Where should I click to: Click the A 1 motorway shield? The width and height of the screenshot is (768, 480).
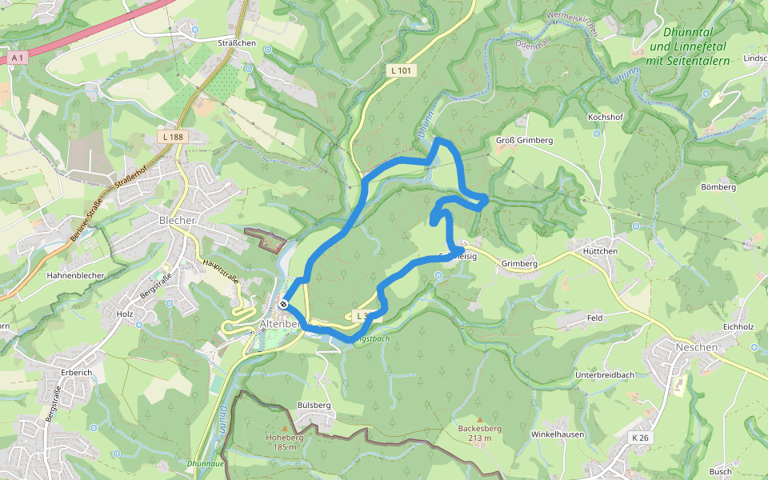pyautogui.click(x=18, y=58)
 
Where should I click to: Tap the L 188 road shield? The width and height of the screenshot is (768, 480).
pyautogui.click(x=171, y=137)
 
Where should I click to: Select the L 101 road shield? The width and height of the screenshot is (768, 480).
pyautogui.click(x=401, y=70)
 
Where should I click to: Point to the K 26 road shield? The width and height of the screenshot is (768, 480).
pyautogui.click(x=639, y=438)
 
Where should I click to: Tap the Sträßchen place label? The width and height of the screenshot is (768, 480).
pyautogui.click(x=236, y=42)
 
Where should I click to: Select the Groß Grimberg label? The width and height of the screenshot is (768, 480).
pyautogui.click(x=525, y=141)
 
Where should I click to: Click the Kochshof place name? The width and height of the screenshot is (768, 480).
pyautogui.click(x=605, y=117)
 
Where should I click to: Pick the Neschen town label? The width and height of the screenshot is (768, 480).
pyautogui.click(x=697, y=348)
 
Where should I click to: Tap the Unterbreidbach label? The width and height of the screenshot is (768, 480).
pyautogui.click(x=605, y=375)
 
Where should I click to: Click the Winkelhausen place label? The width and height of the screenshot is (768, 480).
pyautogui.click(x=558, y=434)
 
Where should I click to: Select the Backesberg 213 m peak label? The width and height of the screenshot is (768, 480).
pyautogui.click(x=480, y=433)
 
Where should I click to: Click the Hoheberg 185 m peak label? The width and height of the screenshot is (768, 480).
pyautogui.click(x=284, y=442)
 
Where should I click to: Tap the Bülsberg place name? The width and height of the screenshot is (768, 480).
pyautogui.click(x=314, y=406)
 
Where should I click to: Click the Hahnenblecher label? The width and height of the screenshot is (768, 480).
pyautogui.click(x=76, y=274)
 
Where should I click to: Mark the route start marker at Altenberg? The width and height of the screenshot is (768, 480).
pyautogui.click(x=283, y=304)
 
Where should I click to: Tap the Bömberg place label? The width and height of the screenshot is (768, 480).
pyautogui.click(x=718, y=187)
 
